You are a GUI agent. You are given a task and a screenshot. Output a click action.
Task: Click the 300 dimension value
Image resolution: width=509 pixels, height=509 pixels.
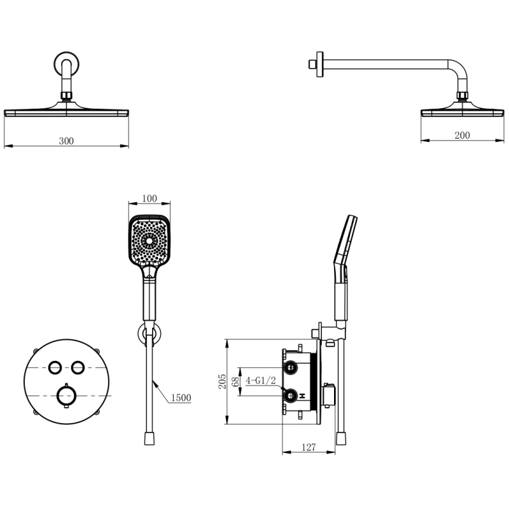tap(66, 141)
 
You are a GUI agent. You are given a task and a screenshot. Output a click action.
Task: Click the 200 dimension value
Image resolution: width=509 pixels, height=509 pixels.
tap(462, 135)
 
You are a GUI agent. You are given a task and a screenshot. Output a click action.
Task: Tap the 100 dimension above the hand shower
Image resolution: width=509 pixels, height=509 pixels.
tap(150, 198)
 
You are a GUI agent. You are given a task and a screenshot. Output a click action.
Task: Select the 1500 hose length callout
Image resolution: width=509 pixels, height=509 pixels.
tap(181, 398)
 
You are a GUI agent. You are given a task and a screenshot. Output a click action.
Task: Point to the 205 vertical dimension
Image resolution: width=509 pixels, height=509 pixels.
tap(222, 381)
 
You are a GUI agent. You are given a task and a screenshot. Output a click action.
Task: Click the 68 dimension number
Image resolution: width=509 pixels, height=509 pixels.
tap(236, 381)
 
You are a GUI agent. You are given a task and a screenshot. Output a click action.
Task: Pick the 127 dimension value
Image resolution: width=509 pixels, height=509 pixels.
tap(309, 447)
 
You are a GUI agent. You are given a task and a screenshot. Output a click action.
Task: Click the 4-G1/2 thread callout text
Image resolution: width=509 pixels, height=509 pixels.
tap(261, 380)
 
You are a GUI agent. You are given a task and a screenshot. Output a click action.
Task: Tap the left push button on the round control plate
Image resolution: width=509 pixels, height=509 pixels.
tap(55, 367)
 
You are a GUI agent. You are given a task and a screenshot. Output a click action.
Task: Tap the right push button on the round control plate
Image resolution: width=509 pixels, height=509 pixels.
tap(78, 367)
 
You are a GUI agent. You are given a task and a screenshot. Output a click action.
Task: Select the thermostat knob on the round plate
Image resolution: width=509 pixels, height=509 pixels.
tap(67, 395)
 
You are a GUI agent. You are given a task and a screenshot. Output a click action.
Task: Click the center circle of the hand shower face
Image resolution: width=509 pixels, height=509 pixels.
tap(150, 241)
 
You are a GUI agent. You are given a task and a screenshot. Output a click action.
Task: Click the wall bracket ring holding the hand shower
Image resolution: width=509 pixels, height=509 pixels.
tap(150, 334)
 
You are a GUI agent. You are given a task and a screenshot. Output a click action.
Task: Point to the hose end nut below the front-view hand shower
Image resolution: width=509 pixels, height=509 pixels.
tap(150, 438)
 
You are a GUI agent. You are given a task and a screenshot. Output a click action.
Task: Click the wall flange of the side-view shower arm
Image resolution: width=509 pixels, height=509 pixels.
tap(320, 64)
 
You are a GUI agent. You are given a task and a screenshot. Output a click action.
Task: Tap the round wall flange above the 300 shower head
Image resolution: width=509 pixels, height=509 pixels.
tap(67, 64)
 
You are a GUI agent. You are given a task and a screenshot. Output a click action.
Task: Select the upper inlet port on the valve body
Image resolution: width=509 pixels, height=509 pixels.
tap(291, 368)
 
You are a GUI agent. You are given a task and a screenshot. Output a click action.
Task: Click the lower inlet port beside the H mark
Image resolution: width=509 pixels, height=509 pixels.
tap(291, 395)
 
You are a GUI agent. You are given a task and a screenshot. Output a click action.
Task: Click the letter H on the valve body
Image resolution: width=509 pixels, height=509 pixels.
tap(303, 396)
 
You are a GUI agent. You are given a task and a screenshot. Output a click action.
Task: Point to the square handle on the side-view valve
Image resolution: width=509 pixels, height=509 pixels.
tap(328, 394)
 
